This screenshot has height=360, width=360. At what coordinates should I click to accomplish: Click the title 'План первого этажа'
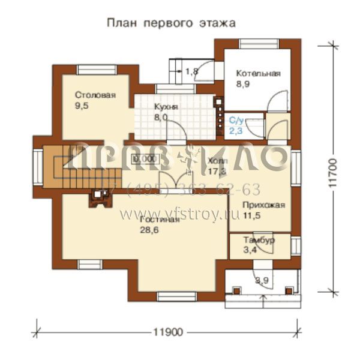171,23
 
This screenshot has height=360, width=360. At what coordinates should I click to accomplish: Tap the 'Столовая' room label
95,95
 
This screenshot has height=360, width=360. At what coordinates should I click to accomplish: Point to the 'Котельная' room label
257,74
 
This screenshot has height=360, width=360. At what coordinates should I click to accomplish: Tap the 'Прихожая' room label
263,205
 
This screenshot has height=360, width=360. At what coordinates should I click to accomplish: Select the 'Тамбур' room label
259,240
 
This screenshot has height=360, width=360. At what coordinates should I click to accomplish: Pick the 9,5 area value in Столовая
82,106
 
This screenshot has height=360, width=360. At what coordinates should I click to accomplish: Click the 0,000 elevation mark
143,159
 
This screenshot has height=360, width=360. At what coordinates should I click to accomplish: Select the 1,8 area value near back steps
191,72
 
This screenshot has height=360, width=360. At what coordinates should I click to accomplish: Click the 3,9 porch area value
262,280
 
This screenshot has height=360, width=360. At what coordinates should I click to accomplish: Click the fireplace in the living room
97,199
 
